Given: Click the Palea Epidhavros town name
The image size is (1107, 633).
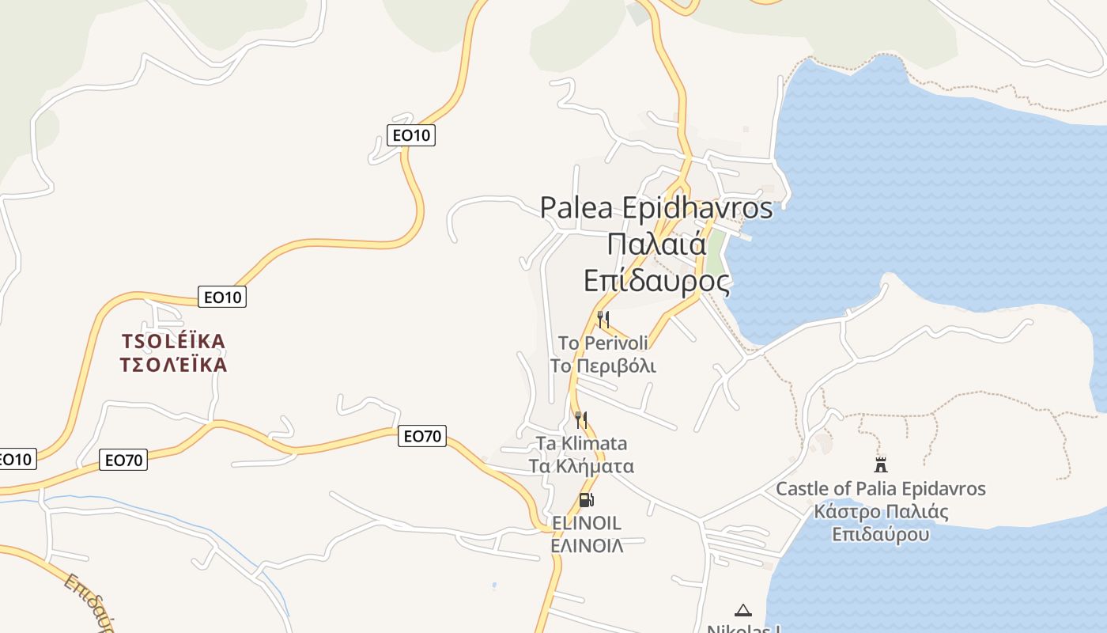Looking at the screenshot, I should pyautogui.click(x=656, y=208).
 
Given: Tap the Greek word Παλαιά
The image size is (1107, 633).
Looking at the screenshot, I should pyautogui.click(x=657, y=244).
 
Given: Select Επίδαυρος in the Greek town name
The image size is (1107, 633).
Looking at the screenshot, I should pyautogui.click(x=656, y=281).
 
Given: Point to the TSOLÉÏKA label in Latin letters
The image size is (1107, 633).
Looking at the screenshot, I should pyautogui.click(x=173, y=342).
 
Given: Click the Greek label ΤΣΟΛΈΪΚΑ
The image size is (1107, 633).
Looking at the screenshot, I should pyautogui.click(x=173, y=365).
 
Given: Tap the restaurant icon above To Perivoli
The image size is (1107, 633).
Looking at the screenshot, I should pyautogui.click(x=603, y=320).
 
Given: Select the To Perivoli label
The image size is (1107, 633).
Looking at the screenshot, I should pyautogui.click(x=603, y=343).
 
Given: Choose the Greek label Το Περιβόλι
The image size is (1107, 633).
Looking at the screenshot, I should pyautogui.click(x=603, y=366).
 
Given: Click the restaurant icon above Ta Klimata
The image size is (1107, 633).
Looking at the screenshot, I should pyautogui.click(x=581, y=419).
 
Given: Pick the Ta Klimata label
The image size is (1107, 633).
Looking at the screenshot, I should pyautogui.click(x=581, y=443).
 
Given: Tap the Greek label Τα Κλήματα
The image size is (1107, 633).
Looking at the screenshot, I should pyautogui.click(x=581, y=466).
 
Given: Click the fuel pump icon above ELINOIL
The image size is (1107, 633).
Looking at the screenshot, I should pyautogui.click(x=586, y=500).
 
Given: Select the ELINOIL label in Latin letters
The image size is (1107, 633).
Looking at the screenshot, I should pyautogui.click(x=586, y=523).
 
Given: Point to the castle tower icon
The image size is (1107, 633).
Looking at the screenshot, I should pyautogui.click(x=881, y=464).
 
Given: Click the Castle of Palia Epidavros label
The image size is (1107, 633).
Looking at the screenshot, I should pyautogui.click(x=881, y=488).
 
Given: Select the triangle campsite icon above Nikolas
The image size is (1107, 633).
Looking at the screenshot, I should pyautogui.click(x=742, y=610).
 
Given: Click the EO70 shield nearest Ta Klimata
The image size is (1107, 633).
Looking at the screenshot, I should pyautogui.click(x=421, y=436).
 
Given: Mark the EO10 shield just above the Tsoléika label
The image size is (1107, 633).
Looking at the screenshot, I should pyautogui.click(x=222, y=298).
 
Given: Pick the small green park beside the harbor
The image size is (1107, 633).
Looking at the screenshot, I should pyautogui.click(x=715, y=252).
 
